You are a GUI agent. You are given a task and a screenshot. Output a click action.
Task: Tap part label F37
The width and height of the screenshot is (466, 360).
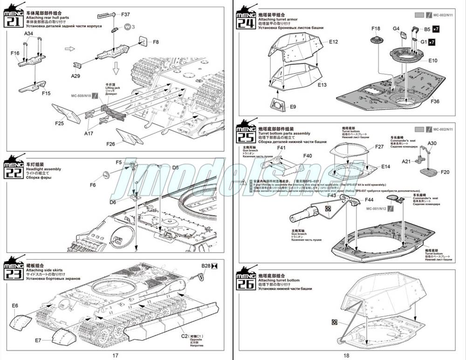(126, 14)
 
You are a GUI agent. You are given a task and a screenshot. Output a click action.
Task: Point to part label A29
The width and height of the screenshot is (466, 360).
(75, 76)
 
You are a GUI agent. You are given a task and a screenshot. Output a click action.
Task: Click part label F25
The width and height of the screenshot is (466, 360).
(59, 123)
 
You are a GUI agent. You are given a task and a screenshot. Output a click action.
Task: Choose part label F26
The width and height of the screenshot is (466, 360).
(110, 144)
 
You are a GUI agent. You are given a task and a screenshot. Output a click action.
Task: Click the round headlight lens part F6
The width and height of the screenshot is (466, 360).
(106, 175)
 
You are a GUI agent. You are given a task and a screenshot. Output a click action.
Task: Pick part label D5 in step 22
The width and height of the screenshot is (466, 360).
(175, 167)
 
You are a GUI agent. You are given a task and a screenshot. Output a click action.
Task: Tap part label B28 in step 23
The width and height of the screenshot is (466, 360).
(206, 266)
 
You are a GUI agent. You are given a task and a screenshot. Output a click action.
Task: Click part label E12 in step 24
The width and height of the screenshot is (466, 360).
(333, 42)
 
